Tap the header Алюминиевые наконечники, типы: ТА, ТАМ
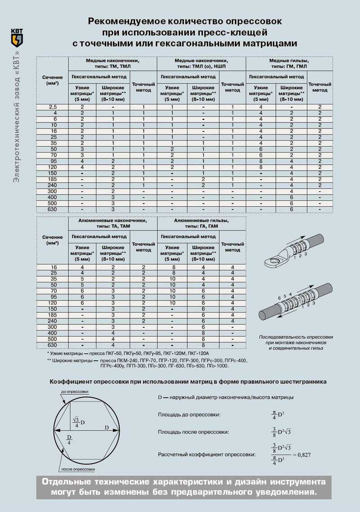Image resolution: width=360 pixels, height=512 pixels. click(x=112, y=223)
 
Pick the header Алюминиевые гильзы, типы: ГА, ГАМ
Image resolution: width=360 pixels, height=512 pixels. click(x=201, y=223)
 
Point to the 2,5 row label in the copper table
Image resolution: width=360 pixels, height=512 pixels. click(x=52, y=107)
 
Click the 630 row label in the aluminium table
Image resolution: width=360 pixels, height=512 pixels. click(x=52, y=344)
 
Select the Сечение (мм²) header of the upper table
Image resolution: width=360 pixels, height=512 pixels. click(x=52, y=81)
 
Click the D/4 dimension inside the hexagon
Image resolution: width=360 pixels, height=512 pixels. click(x=69, y=440)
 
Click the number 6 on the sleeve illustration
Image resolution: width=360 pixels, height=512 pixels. click(x=279, y=298)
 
